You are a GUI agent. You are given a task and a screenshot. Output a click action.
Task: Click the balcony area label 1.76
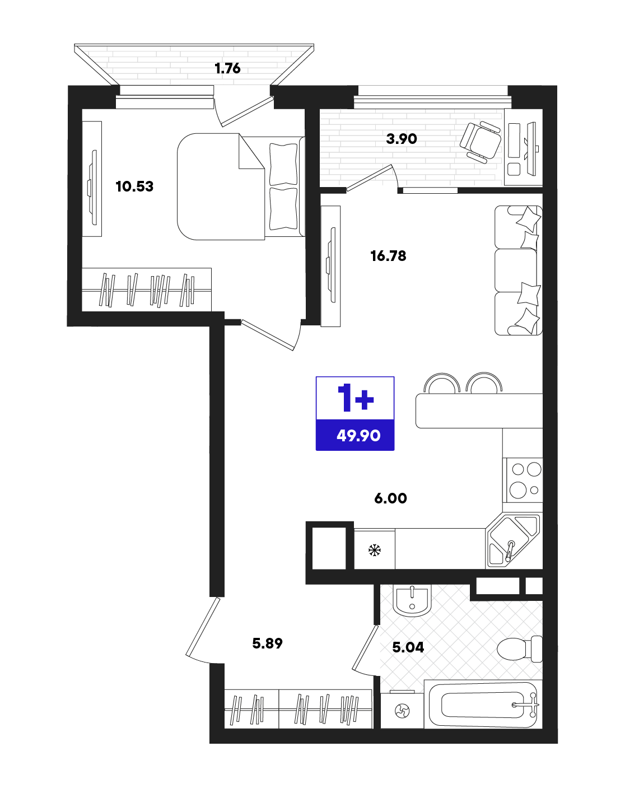pyautogui.click(x=227, y=68)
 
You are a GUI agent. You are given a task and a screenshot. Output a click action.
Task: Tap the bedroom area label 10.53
pyautogui.click(x=134, y=186)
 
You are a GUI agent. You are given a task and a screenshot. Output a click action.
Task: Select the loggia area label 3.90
pyautogui.click(x=402, y=139)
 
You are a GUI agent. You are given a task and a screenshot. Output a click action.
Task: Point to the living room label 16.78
pyautogui.click(x=389, y=256)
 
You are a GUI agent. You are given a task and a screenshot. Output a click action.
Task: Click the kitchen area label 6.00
pyautogui.click(x=391, y=498)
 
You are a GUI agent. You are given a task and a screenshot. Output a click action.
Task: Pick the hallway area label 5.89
pyautogui.click(x=267, y=643)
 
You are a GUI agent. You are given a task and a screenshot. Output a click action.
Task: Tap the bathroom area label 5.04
pyautogui.click(x=408, y=647)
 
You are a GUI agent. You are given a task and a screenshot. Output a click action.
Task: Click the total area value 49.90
pyautogui.click(x=358, y=435)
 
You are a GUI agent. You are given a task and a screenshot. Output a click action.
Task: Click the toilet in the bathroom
pyautogui.click(x=520, y=649)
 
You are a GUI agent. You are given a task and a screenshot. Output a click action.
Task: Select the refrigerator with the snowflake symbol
pyautogui.click(x=374, y=549)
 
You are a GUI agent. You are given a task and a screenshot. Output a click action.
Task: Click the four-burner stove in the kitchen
pyautogui.click(x=523, y=480)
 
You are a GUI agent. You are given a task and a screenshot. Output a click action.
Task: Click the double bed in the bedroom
pyautogui.click(x=241, y=186)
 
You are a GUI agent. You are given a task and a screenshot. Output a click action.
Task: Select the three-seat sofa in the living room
pyautogui.click(x=519, y=270)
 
